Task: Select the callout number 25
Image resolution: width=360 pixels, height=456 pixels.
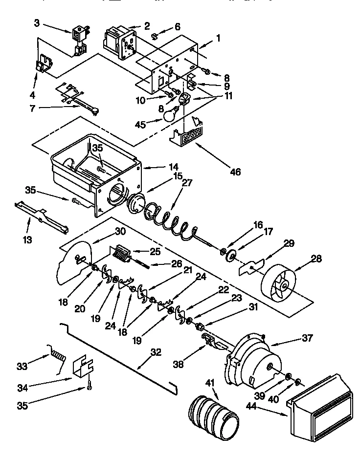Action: click(x=155, y=252)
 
